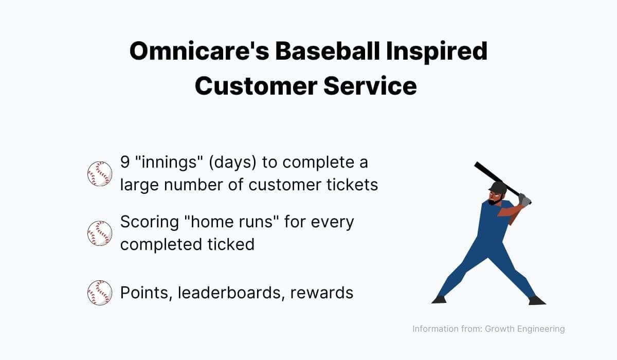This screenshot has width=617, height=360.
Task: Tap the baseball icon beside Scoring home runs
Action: coord(100,233)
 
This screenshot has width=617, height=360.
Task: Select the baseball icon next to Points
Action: coord(100,293)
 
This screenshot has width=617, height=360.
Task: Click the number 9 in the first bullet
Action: coord(125,163)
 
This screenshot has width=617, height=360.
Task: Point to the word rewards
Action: coord(322,293)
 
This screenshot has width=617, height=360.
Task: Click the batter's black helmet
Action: coord(497,187)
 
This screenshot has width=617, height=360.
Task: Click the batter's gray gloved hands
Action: coord(524,199)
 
